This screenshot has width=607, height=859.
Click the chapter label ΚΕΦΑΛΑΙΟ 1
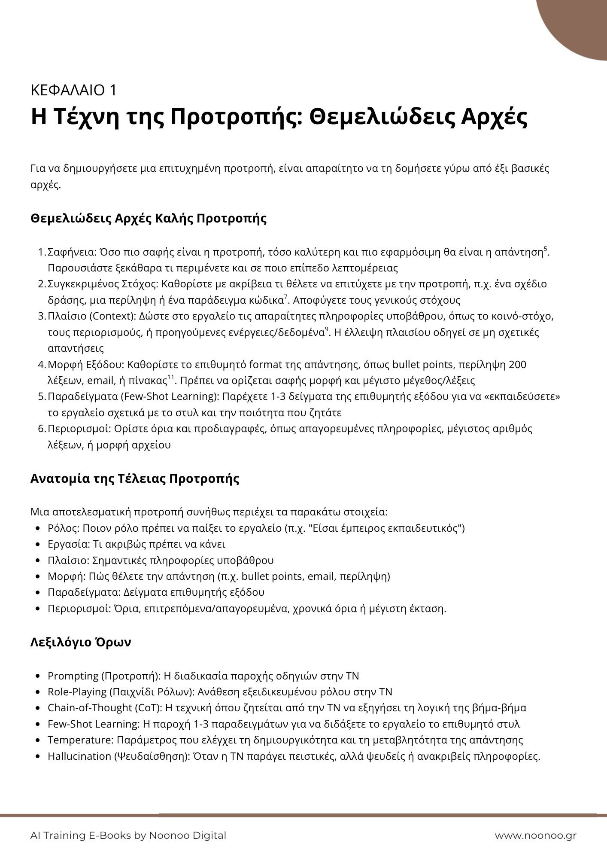tap(73, 90)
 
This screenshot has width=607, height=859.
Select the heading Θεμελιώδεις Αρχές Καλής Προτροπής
tap(149, 218)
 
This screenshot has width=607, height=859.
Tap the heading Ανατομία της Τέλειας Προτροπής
tap(135, 478)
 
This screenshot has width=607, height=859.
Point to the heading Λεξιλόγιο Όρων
tap(81, 642)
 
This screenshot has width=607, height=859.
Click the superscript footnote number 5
tap(546, 249)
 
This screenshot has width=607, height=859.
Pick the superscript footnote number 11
tap(170, 377)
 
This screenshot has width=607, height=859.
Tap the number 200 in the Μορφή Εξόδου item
tap(517, 365)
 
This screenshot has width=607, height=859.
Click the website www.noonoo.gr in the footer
tap(535, 835)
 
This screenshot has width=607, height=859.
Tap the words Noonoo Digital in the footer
tap(187, 835)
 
